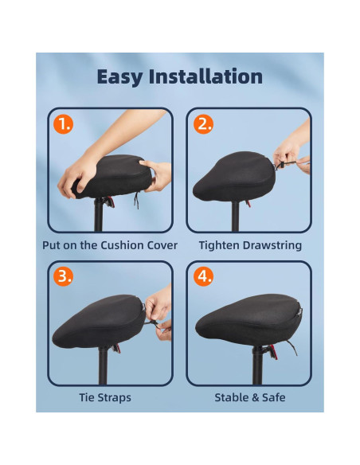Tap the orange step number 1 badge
(64, 125)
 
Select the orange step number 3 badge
(64, 277)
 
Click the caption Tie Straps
(105, 397)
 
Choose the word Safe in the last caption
(272, 397)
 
